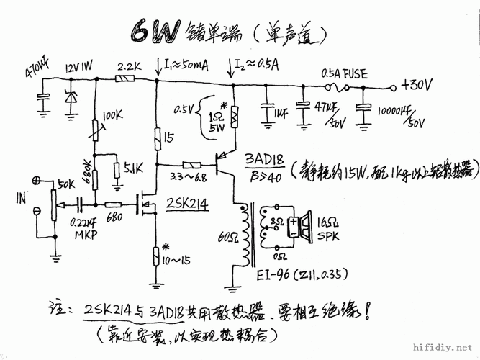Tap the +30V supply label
(x=416, y=86)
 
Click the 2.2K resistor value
(x=127, y=65)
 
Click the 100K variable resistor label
(x=113, y=115)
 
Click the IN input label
(x=20, y=194)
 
